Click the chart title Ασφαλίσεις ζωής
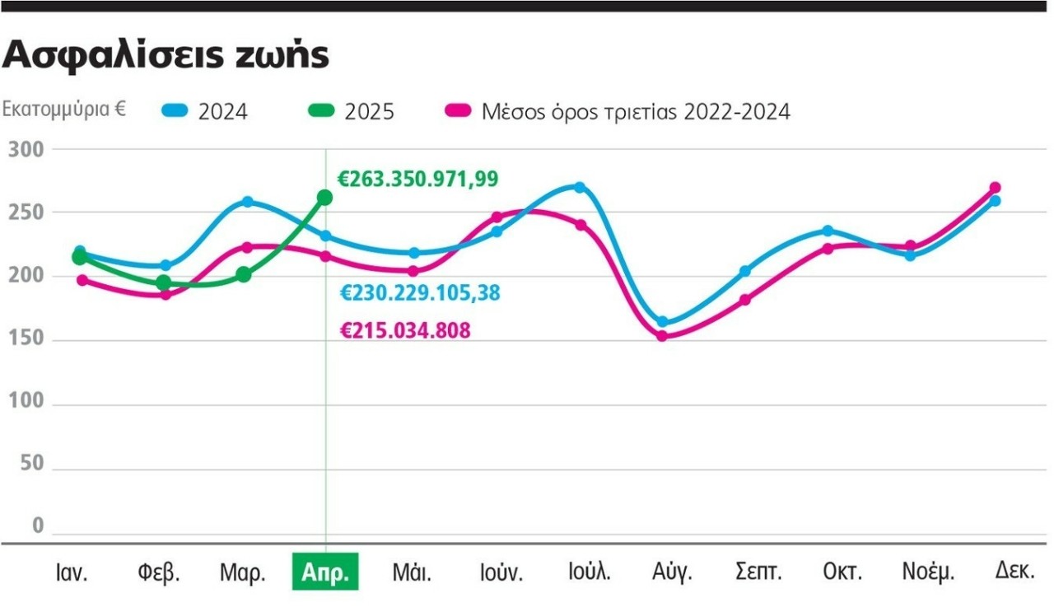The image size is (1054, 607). point(167,55)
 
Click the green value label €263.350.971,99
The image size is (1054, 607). point(418,179)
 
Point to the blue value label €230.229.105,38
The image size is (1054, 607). point(420,292)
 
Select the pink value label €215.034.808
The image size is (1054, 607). point(405,331)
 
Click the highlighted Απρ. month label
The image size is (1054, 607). point(326,572)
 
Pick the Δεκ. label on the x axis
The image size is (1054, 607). point(1014,570)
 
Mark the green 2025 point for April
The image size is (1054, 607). point(324,198)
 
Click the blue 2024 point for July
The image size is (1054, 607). point(580,188)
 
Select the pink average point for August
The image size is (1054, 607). point(662,335)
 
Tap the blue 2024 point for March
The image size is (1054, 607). point(247,202)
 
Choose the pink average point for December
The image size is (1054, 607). point(995,188)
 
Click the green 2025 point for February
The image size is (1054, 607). point(164,282)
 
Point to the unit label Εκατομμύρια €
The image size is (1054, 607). point(64,110)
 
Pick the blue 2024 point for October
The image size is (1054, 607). point(828,231)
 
